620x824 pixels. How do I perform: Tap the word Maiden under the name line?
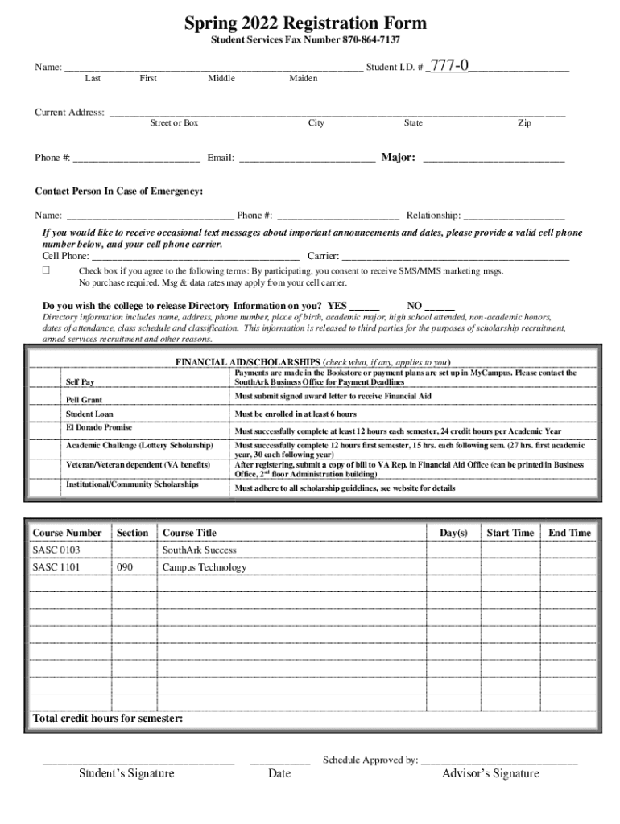pyautogui.click(x=304, y=79)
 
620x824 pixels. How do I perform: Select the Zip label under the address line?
pyautogui.click(x=524, y=123)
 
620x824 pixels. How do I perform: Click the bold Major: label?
pyautogui.click(x=399, y=158)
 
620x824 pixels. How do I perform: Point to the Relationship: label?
pyautogui.click(x=433, y=216)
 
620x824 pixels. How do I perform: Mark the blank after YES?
pyautogui.click(x=365, y=307)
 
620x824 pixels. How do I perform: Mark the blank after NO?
pyautogui.click(x=440, y=307)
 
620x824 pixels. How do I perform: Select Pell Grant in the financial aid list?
pyautogui.click(x=84, y=400)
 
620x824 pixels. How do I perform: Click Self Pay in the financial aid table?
pyautogui.click(x=78, y=381)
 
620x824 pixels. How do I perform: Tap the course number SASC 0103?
pyautogui.click(x=56, y=550)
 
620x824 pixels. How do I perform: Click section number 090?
pyautogui.click(x=126, y=567)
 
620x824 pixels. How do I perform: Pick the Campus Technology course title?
pyautogui.click(x=205, y=567)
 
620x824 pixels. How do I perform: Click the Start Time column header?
pyautogui.click(x=510, y=533)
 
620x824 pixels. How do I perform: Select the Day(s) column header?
pyautogui.click(x=453, y=533)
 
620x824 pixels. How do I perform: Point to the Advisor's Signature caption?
pyautogui.click(x=490, y=774)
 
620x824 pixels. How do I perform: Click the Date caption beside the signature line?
pyautogui.click(x=279, y=774)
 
